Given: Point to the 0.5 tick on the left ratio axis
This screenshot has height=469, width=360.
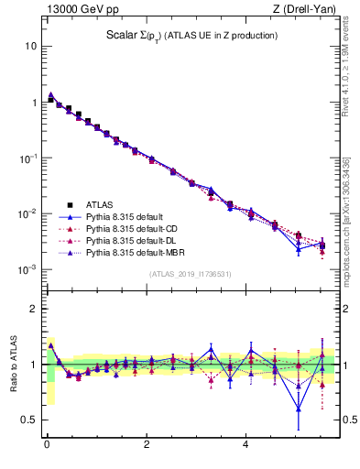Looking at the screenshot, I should click(29, 420).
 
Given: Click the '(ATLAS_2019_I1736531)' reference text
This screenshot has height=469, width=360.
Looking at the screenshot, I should click(191, 274).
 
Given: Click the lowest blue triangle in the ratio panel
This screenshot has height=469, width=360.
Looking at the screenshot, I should click(299, 408).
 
